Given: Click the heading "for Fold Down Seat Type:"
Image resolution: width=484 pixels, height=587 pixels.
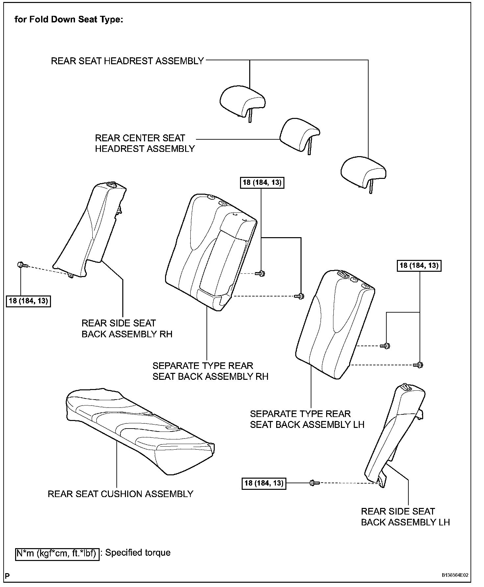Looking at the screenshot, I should [x=69, y=19].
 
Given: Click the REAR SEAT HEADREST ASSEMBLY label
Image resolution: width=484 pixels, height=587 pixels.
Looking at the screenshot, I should [x=127, y=61].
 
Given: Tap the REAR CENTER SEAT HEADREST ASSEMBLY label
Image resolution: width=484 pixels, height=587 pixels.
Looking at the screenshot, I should [x=145, y=143].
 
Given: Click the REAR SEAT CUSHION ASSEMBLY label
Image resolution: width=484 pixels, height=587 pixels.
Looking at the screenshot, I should [x=120, y=494].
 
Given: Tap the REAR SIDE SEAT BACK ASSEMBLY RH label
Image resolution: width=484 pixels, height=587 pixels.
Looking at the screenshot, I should [x=127, y=328].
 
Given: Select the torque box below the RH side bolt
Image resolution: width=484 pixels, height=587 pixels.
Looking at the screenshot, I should [x=28, y=301].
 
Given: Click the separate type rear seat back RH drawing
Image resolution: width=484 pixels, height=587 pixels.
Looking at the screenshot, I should [x=210, y=254].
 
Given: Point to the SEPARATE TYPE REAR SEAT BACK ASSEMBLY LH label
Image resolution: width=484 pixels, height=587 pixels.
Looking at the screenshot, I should [x=307, y=419].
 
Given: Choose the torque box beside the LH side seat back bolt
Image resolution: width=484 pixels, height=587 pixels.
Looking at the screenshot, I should [x=264, y=483].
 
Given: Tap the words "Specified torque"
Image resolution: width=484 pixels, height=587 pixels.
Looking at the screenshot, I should [x=138, y=552].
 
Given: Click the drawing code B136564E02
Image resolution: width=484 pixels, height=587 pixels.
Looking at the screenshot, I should [x=455, y=575].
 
